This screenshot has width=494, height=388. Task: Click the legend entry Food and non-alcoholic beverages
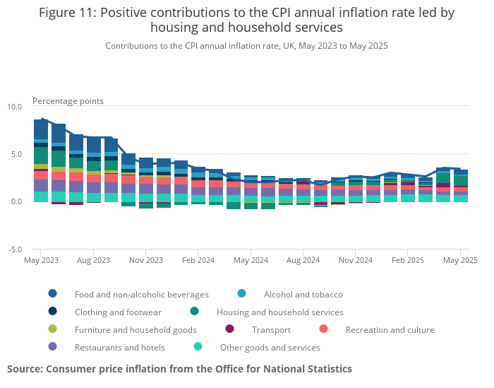click(141, 294)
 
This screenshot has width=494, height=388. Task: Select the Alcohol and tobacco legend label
click(303, 294)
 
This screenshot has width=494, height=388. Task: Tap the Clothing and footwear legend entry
click(118, 312)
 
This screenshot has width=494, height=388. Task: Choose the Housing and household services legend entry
click(279, 312)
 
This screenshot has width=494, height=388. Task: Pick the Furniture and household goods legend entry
click(135, 329)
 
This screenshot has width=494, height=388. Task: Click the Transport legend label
click(271, 329)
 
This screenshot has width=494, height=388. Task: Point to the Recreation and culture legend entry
click(390, 329)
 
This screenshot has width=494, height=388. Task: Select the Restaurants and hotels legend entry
click(119, 347)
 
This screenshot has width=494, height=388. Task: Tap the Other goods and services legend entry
click(270, 347)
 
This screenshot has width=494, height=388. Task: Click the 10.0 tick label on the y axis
click(15, 107)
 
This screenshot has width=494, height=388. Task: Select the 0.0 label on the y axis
click(16, 202)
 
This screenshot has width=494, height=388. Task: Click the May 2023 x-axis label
click(41, 260)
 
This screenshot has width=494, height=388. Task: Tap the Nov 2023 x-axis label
click(146, 260)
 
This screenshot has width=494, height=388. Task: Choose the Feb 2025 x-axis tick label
click(408, 260)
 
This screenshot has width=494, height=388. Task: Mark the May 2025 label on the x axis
click(460, 260)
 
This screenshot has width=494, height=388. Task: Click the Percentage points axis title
click(68, 101)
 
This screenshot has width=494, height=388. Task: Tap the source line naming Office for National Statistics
click(179, 369)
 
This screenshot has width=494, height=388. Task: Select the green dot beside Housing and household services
click(194, 312)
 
